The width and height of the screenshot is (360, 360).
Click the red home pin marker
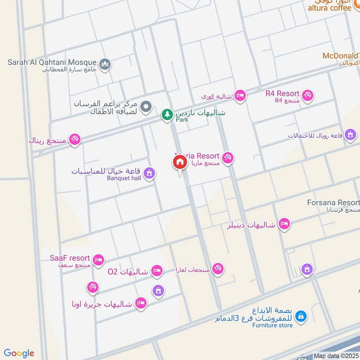click(180, 162)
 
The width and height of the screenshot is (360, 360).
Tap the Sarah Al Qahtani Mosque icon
click(105, 64)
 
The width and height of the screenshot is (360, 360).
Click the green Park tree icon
click(167, 115)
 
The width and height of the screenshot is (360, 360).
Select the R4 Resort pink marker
click(308, 95)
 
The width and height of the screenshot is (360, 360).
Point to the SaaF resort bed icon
click(99, 260)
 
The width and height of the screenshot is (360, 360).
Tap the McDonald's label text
click(341, 56)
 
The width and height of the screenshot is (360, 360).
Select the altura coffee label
click(329, 8)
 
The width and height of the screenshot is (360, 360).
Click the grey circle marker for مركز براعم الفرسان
click(145, 107)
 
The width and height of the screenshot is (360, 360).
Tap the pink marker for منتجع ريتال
click(75, 139)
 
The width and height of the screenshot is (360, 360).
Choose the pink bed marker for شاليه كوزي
click(240, 96)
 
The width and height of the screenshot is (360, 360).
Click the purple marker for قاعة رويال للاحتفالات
click(351, 135)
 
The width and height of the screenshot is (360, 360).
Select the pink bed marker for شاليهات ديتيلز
click(283, 224)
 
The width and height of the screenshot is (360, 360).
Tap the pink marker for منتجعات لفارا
click(218, 269)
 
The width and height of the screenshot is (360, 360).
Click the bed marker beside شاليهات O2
click(157, 270)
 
